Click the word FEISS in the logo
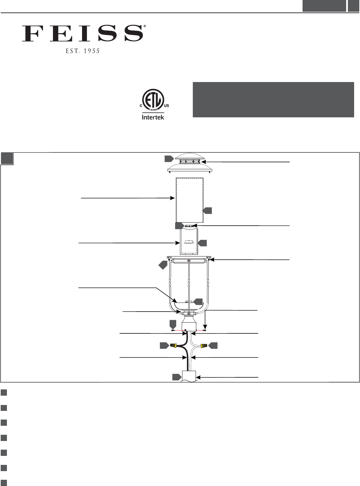click(x=82, y=33)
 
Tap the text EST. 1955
click(x=83, y=51)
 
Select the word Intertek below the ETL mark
click(x=153, y=117)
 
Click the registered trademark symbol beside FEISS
click(x=145, y=26)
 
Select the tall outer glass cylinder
click(x=189, y=200)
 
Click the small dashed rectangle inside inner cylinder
click(x=189, y=243)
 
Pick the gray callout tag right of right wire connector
click(x=213, y=345)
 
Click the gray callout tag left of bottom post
click(x=177, y=377)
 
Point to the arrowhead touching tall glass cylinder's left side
click(x=173, y=198)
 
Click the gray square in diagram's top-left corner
click(x=7, y=159)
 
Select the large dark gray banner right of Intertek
click(x=273, y=100)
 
